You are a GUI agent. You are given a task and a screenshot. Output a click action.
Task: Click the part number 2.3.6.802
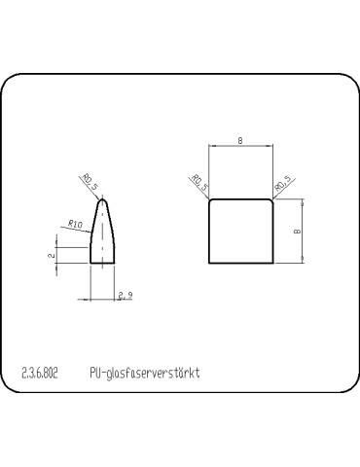(40, 374)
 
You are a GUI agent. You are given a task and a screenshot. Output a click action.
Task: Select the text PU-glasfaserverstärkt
(145, 374)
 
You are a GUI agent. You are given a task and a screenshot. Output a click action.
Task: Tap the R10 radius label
(76, 224)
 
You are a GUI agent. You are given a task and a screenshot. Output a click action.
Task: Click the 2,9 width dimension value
(126, 296)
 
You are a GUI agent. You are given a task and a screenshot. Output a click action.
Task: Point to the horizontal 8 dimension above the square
(240, 141)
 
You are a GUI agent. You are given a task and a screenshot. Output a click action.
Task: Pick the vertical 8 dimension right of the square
(297, 232)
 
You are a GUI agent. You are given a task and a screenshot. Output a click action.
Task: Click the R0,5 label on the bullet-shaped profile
(90, 182)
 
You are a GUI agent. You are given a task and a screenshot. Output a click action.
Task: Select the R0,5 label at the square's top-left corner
(199, 183)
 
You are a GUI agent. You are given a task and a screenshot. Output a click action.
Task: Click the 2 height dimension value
(52, 255)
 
